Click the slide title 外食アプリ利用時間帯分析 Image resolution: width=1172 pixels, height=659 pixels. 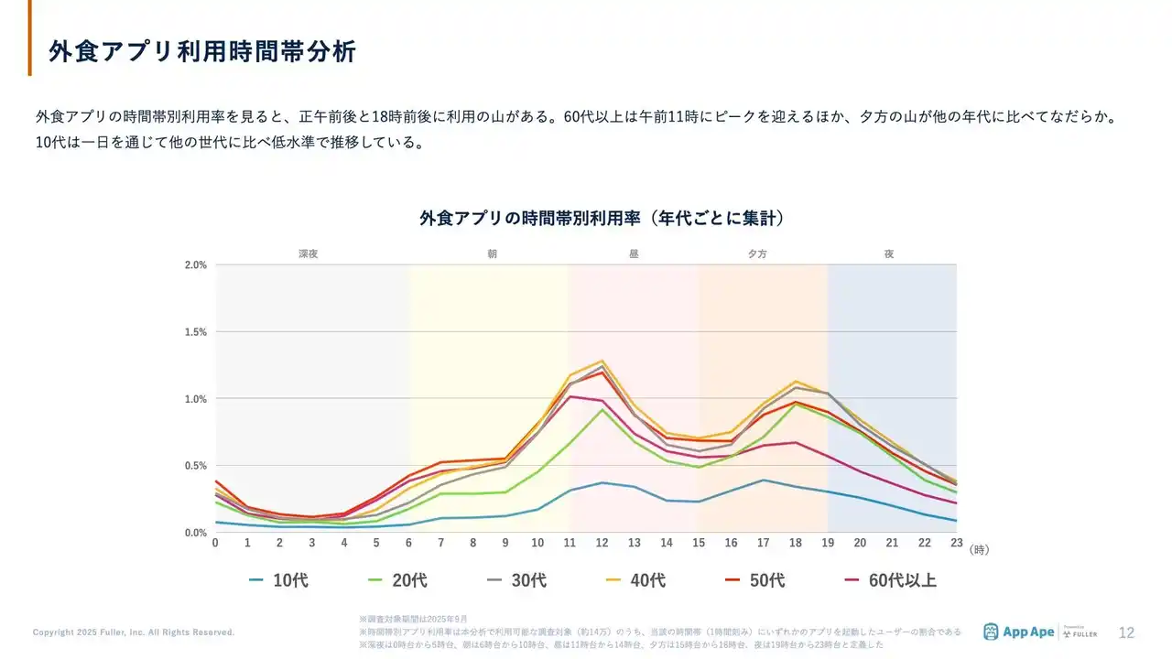(201, 51)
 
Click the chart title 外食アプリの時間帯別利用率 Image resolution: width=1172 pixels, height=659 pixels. (602, 219)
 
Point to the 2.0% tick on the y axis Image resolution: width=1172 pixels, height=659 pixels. (196, 265)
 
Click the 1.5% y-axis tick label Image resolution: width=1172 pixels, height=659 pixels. (196, 332)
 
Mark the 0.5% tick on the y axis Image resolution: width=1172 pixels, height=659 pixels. (196, 466)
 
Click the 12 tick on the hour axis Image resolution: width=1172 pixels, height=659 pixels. (602, 543)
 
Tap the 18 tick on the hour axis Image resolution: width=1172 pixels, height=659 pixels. (795, 543)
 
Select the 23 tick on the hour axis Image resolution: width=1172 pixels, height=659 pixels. (956, 543)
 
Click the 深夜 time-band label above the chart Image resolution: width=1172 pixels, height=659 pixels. (308, 254)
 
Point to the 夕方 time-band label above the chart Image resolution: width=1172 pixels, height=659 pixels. (758, 254)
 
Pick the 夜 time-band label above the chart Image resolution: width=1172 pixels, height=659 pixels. (889, 254)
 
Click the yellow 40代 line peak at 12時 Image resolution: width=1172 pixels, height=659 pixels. (602, 361)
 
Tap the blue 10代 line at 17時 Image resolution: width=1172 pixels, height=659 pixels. (763, 480)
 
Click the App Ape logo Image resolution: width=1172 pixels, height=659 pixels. (1018, 632)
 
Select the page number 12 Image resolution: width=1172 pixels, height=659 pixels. (1127, 632)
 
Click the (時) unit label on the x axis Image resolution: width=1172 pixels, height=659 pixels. (979, 550)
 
